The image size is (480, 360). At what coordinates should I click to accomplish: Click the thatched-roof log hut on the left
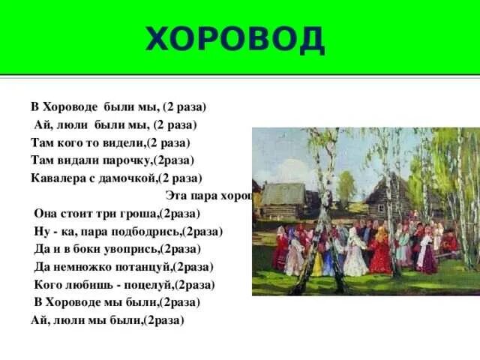(x=283, y=198)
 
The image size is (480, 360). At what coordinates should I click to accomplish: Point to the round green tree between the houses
(x=346, y=187)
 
